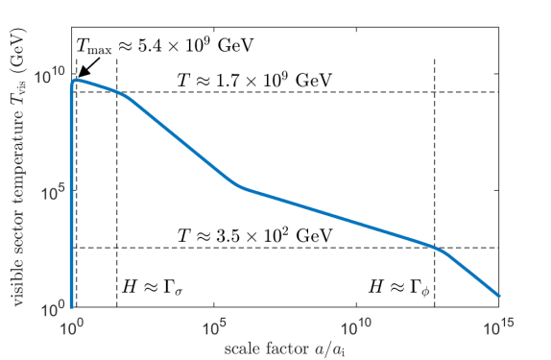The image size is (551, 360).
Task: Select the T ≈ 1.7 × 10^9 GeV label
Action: [255, 79]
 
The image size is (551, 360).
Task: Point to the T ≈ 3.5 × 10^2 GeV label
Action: [255, 234]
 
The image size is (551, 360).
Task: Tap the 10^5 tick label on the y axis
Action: [51, 191]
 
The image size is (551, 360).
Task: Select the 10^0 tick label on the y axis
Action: [51, 308]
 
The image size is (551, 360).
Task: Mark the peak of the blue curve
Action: [75, 79]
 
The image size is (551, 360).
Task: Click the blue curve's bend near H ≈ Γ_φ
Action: [437, 249]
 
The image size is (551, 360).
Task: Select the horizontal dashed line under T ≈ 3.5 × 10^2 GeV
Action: [288, 248]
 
